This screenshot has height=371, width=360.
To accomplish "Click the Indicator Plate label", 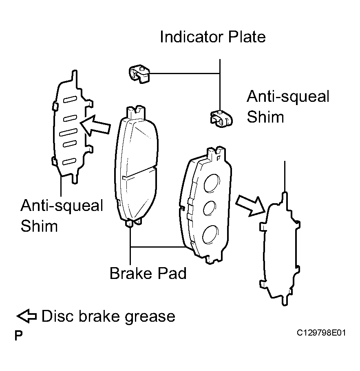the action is (213, 37).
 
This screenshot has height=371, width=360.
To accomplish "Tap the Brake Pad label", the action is (148, 273).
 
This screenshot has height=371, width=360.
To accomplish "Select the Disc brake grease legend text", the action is (108, 316).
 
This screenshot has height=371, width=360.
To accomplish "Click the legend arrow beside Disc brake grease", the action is (27, 316).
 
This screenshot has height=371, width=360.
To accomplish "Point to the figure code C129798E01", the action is (321, 333).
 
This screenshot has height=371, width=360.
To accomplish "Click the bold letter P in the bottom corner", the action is (18, 335).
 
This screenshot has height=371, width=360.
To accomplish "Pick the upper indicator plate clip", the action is (139, 74).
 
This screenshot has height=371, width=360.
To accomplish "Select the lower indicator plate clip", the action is (221, 119).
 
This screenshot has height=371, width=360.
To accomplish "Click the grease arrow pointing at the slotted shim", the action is (95, 125).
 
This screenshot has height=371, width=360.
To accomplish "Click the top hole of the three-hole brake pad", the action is (212, 184).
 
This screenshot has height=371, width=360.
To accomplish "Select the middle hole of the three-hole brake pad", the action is (210, 208).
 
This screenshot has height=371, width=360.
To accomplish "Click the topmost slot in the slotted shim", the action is (70, 100).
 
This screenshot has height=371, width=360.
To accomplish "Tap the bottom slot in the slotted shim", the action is (69, 161).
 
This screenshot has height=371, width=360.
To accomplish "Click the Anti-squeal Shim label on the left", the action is (62, 215).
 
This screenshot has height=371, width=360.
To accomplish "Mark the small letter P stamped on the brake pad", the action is (219, 158).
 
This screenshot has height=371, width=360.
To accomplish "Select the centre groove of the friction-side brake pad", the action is (139, 173).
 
